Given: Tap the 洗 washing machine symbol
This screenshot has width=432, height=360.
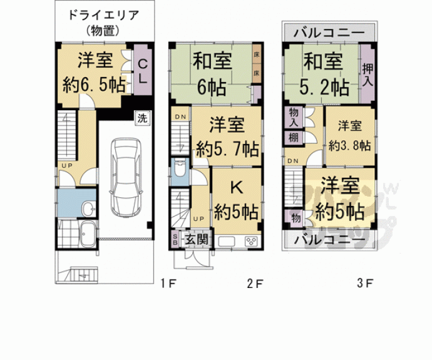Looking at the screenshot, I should coord(142,117).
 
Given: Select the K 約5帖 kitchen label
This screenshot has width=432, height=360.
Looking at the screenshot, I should coord(236,200).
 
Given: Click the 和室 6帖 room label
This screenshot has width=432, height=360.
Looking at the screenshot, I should coord(212,72).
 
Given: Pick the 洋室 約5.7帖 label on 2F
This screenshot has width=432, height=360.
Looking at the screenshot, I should coord(227,136).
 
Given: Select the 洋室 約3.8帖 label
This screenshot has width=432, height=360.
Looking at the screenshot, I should coord(349,135).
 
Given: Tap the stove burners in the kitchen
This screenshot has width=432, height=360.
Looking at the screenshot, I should coord(252,240).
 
